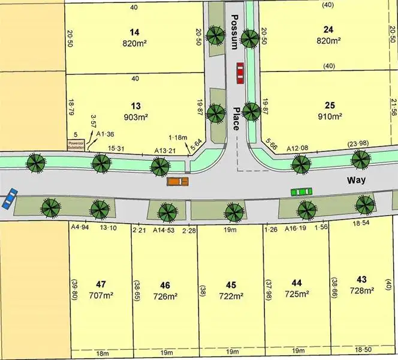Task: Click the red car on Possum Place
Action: point(240,73)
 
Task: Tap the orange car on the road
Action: point(178,181)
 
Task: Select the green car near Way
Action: point(301,192)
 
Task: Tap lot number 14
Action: point(134,31)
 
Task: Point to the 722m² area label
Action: point(230,296)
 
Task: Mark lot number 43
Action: point(361,279)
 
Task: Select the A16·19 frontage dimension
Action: point(296,229)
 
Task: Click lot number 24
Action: point(328,29)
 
